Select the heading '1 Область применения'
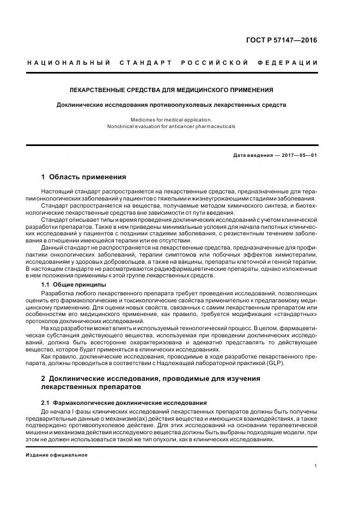tap(83, 177)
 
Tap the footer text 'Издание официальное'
tap(56, 454)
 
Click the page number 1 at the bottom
tap(315, 466)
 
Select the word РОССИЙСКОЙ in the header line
tap(215, 63)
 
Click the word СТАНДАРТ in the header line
tap(146, 63)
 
